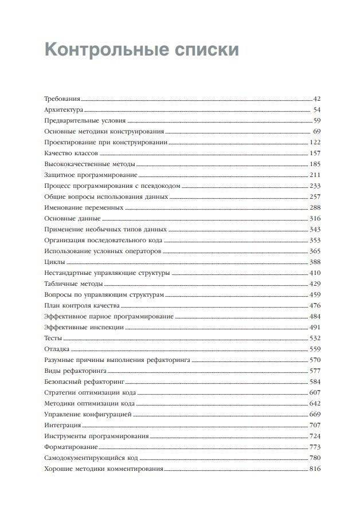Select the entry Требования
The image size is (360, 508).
tap(62, 99)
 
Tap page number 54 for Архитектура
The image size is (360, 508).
tap(316, 109)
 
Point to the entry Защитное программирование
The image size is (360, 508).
tap(91, 174)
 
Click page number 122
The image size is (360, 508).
tap(315, 142)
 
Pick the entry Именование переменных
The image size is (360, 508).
tap(83, 207)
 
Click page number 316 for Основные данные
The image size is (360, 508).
tap(315, 218)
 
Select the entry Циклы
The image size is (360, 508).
tap(54, 261)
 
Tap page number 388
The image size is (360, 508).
tap(315, 261)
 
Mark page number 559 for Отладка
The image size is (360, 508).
tap(315, 349)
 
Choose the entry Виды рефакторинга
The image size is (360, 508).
tap(75, 370)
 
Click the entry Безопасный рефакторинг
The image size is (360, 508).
tap(84, 381)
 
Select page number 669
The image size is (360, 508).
tap(315, 414)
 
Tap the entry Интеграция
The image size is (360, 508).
tap(62, 425)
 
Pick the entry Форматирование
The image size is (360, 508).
tap(71, 446)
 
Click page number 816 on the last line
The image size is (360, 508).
tap(315, 468)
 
